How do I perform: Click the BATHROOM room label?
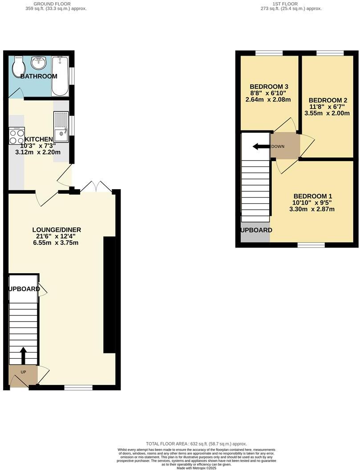click(39, 76)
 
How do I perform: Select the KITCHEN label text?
click(39, 139)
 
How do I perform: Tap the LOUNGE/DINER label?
click(57, 230)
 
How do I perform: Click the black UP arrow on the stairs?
click(23, 356)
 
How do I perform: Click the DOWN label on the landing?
click(278, 146)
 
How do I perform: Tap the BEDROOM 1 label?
click(312, 196)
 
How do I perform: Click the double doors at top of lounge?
click(97, 187)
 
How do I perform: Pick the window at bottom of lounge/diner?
click(78, 388)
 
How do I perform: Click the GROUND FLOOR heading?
click(56, 4)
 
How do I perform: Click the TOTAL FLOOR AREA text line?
click(196, 444)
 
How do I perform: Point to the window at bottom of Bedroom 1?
click(311, 245)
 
